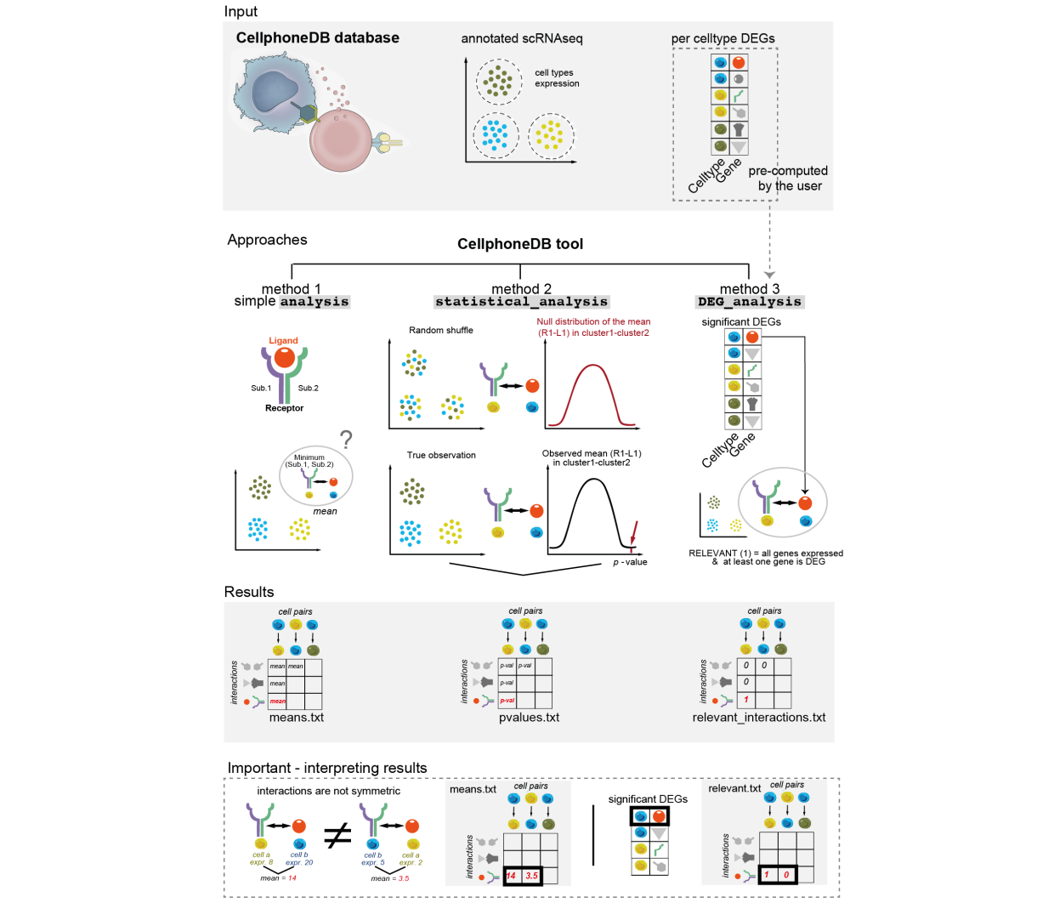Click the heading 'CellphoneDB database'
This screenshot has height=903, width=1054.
click(317, 37)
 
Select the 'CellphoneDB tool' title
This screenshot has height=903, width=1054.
click(520, 244)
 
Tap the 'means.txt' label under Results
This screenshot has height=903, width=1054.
click(297, 718)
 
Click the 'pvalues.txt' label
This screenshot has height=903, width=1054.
click(529, 718)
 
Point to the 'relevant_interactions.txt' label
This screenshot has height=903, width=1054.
click(759, 718)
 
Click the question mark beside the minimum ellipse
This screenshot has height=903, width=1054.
click(346, 440)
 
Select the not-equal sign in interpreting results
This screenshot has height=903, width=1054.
click(337, 837)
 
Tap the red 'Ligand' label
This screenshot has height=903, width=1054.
click(283, 340)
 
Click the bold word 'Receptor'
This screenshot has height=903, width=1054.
click(284, 408)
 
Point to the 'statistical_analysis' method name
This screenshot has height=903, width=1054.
click(521, 302)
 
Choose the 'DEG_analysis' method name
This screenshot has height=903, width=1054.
click(749, 302)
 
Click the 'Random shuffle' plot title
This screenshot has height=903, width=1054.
click(440, 330)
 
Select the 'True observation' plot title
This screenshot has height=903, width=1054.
click(441, 455)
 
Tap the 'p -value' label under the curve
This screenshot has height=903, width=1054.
click(630, 562)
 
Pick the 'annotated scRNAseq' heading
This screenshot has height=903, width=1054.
click(522, 38)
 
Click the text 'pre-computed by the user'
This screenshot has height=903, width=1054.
click(789, 179)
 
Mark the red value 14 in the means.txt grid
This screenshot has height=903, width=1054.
click(512, 875)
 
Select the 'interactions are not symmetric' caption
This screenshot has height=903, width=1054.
click(328, 791)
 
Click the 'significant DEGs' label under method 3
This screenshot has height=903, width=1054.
click(740, 321)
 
